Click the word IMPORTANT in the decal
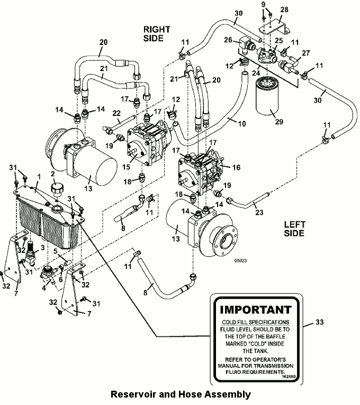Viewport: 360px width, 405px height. point(255,309)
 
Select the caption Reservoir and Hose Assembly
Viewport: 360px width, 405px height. point(180,394)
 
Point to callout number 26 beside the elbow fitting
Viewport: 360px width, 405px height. point(228,40)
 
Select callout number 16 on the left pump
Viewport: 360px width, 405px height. point(236,167)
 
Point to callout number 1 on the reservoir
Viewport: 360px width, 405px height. point(38,175)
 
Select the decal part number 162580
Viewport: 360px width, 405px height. point(289,377)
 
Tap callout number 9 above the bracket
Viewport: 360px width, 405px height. point(263,5)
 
